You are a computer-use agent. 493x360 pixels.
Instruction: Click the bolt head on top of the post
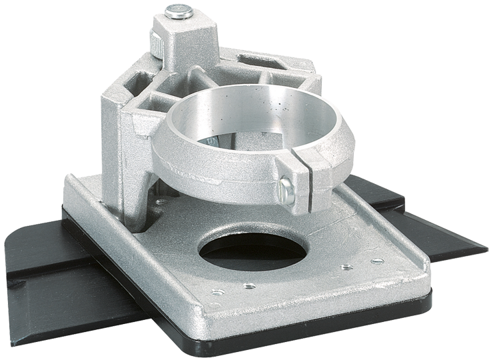click(178, 11)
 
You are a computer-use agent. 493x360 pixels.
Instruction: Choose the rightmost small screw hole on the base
click(378, 261)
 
